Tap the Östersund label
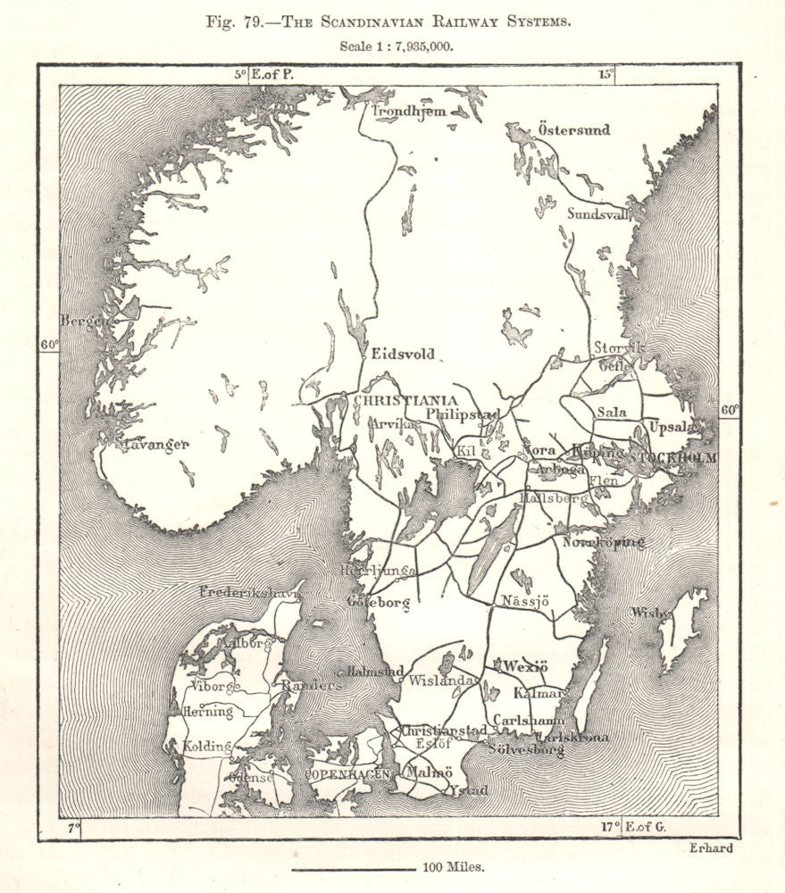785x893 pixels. pos(574,130)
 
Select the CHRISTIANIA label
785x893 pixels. pos(405,401)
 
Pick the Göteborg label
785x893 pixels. pos(379,604)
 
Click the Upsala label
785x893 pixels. pos(673,427)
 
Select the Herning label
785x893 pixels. pos(207,712)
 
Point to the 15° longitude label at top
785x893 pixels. pos(606,75)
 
